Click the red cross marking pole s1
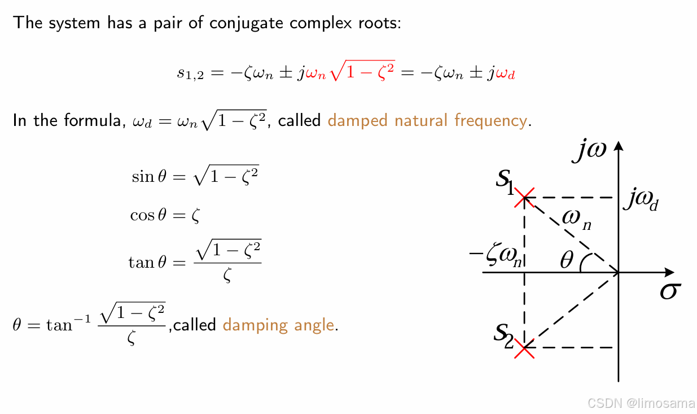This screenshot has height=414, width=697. [525, 198]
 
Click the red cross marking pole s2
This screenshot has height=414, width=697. [525, 348]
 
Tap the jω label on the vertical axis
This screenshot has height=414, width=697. [589, 151]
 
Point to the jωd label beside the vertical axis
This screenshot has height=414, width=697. [641, 201]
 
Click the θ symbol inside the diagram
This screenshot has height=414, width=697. [567, 260]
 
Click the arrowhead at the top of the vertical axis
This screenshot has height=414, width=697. [620, 145]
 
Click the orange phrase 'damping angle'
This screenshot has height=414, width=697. [278, 325]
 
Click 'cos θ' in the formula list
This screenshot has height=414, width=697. [148, 215]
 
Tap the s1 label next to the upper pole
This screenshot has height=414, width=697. [505, 181]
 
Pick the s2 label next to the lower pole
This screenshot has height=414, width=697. [503, 335]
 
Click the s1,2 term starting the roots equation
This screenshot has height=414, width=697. [189, 74]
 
